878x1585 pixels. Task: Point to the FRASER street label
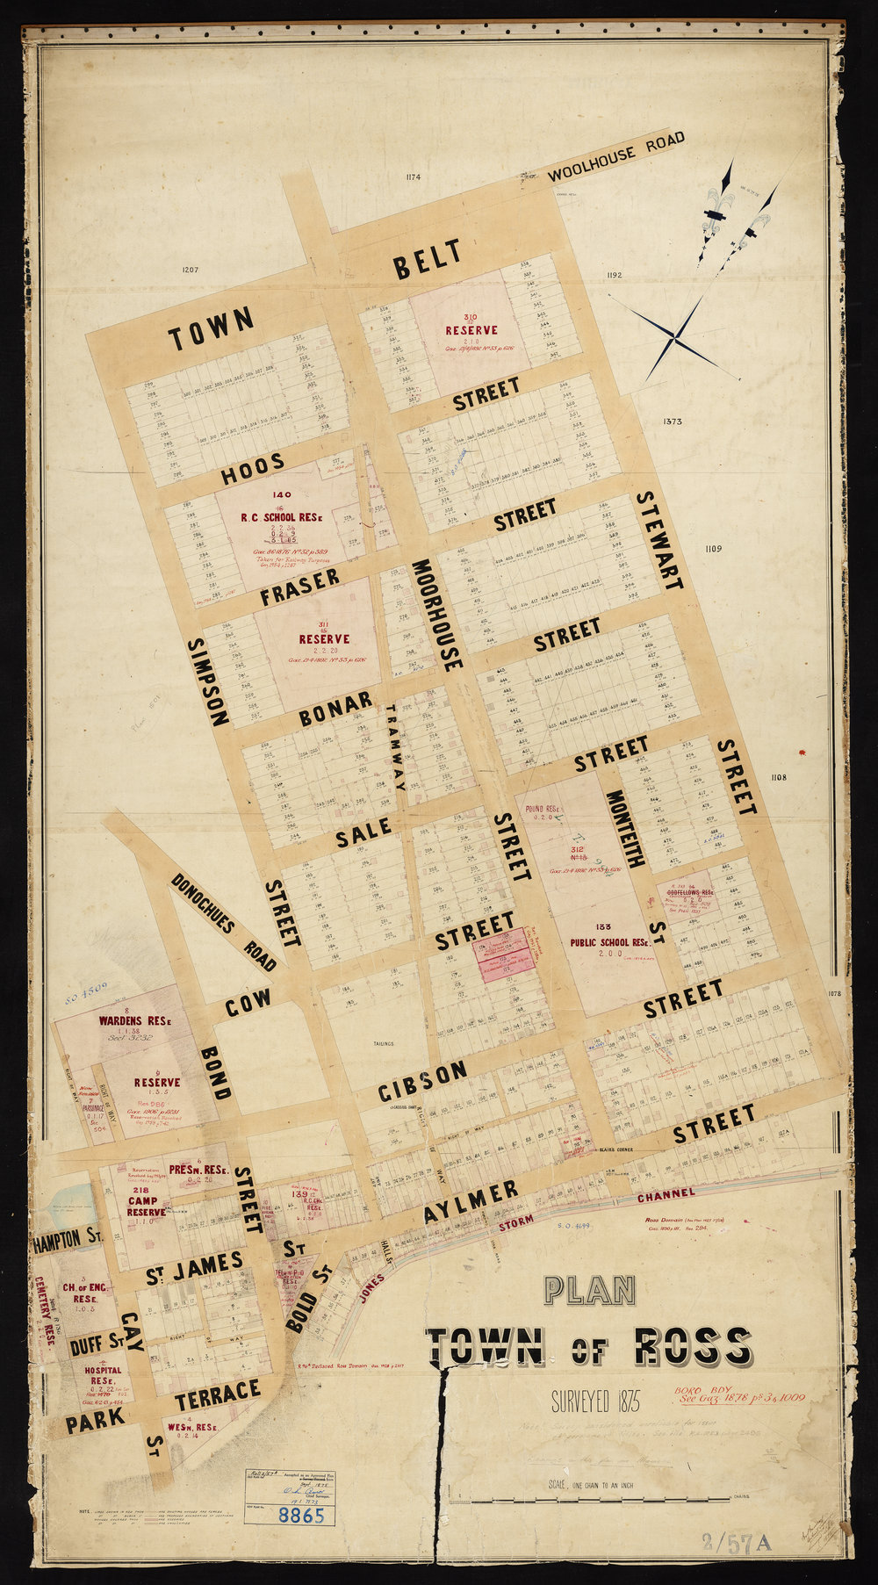tap(300, 588)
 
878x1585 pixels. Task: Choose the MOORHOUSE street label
tap(434, 615)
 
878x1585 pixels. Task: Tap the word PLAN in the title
tap(589, 1290)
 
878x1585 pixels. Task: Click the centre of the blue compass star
tap(674, 336)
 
